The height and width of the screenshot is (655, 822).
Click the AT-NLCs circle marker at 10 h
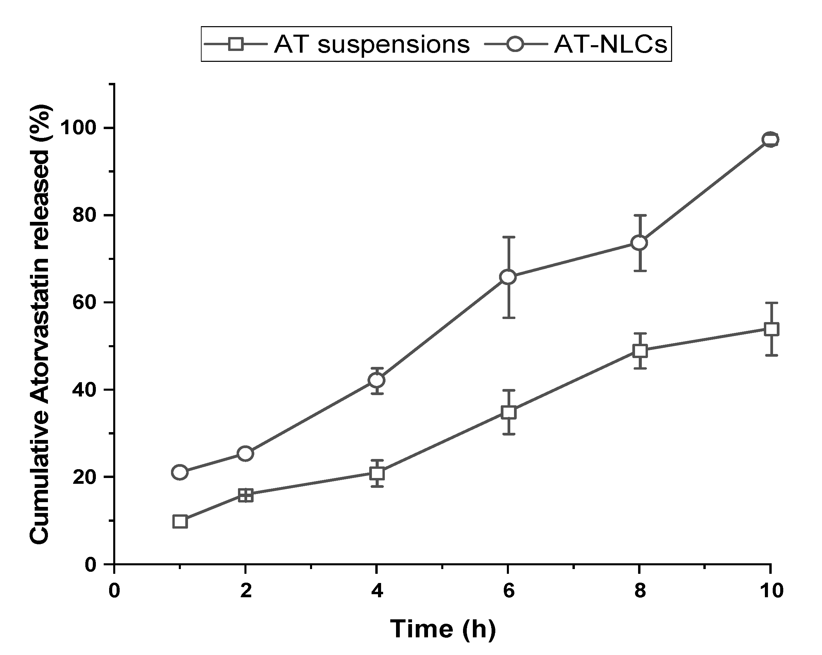pos(770,139)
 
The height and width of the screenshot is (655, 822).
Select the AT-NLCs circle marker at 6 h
pos(508,277)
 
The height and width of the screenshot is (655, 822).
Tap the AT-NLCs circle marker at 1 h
pos(180,472)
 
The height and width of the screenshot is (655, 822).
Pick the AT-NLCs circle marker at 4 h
pos(377,380)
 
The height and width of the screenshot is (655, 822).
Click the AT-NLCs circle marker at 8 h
pos(639,243)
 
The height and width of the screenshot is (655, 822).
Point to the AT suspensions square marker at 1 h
pos(180,521)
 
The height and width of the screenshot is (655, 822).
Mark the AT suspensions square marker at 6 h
pos(509,412)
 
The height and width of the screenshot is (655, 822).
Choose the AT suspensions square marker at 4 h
pos(377,473)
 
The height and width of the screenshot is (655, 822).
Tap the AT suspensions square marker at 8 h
pos(640,351)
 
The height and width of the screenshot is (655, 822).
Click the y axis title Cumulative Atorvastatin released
pos(41,324)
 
